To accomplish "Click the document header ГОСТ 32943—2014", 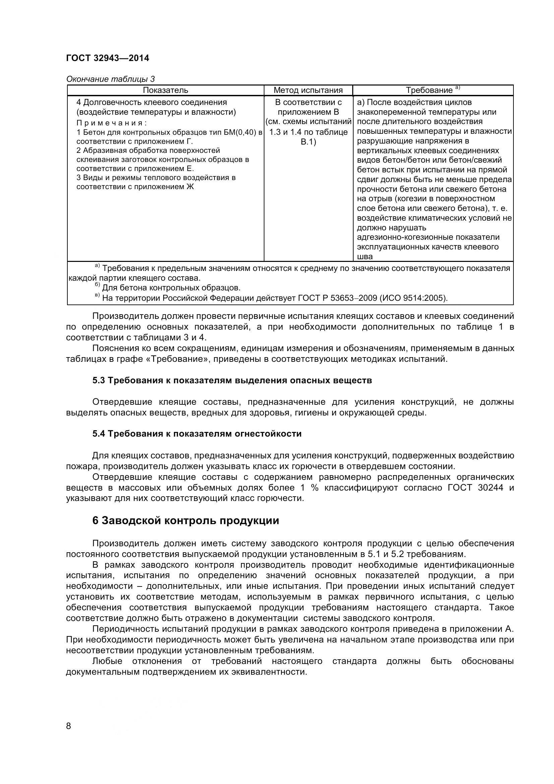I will (108, 58).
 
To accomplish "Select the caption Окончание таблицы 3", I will (110, 79).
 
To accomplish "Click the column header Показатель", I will (165, 90).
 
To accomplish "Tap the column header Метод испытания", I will (308, 90).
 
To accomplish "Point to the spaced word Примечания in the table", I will (111, 123).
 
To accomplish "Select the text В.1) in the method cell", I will (308, 142).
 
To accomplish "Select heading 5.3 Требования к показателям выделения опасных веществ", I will (232, 380).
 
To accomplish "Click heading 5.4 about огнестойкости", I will (197, 434).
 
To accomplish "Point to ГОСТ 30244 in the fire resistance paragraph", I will (475, 488).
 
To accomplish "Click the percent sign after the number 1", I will (314, 488).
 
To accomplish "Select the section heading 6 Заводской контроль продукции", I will (185, 520).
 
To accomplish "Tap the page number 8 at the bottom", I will (69, 726).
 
